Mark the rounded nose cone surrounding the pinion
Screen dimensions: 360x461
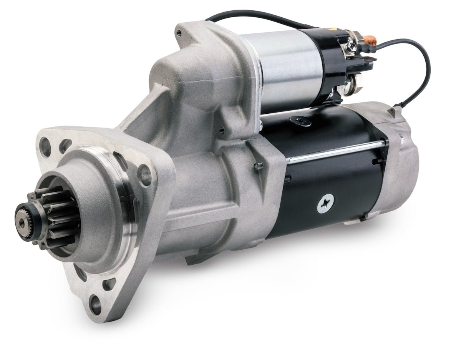(92, 215)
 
